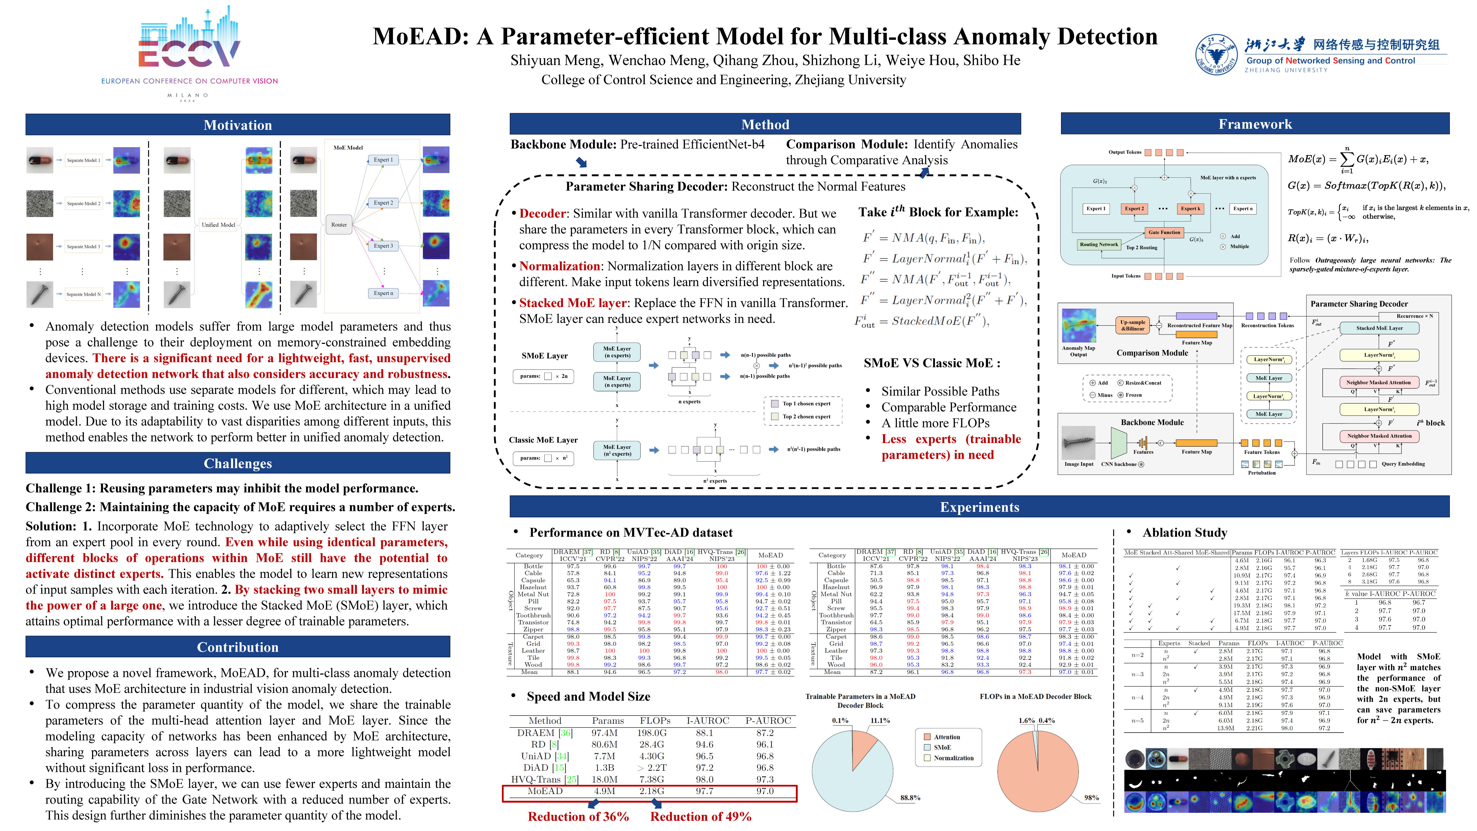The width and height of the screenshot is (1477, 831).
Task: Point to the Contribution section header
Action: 237,647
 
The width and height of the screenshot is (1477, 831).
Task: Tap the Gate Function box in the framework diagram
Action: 1164,232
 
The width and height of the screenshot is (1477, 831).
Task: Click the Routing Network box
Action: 1099,244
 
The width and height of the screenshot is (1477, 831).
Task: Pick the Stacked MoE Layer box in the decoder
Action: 1379,328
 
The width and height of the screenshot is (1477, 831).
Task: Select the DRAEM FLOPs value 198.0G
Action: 652,733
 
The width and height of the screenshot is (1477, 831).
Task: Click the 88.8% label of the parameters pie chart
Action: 910,798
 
